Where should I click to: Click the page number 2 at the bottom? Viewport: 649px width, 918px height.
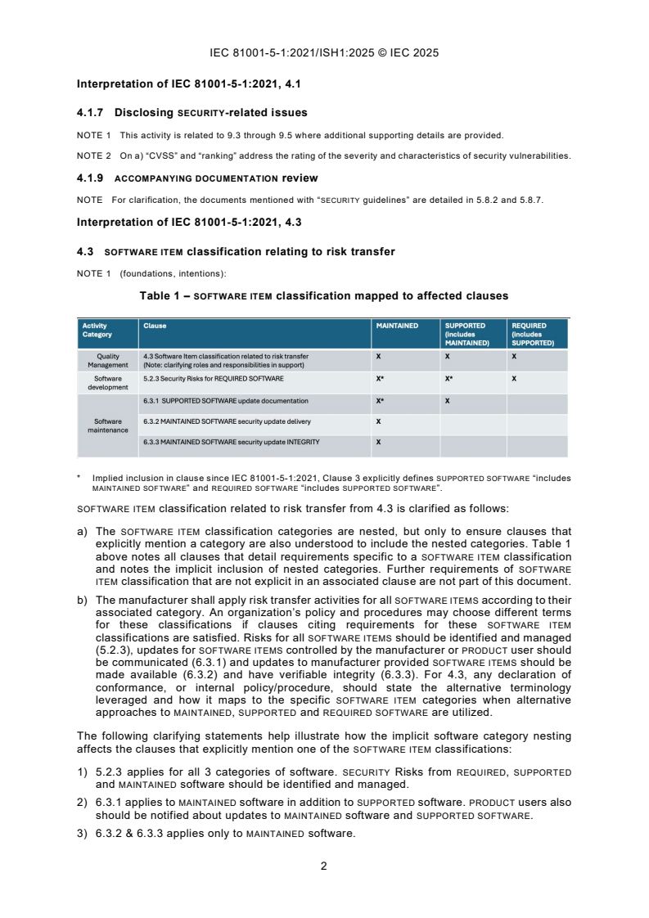click(324, 867)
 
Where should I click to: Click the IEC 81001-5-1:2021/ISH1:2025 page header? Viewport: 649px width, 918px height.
click(324, 53)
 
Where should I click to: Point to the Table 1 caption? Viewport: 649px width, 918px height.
click(323, 295)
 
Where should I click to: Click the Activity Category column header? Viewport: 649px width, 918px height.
click(97, 331)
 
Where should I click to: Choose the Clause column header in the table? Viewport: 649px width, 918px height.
click(155, 326)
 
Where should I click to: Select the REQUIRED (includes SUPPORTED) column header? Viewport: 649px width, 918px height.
click(532, 334)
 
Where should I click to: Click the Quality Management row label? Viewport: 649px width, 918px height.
click(107, 361)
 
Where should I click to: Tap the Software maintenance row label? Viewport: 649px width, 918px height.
click(107, 425)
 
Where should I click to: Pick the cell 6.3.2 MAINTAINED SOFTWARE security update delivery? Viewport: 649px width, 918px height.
click(227, 421)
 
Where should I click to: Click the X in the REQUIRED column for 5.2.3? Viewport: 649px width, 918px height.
click(513, 379)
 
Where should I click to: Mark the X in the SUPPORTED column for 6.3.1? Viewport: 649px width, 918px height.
click(447, 401)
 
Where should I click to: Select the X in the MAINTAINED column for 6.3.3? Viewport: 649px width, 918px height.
click(378, 442)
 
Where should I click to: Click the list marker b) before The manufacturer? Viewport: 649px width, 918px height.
click(82, 600)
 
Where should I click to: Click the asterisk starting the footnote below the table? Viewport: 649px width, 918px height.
click(79, 477)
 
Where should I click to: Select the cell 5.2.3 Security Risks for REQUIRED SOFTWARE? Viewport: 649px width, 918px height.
click(214, 379)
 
